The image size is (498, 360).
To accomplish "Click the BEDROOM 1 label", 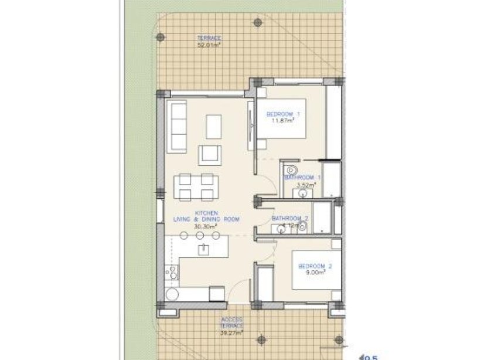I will pyautogui.click(x=283, y=114).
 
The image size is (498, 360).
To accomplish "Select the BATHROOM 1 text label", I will pyautogui.click(x=302, y=177).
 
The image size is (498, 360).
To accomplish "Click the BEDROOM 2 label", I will pyautogui.click(x=315, y=266).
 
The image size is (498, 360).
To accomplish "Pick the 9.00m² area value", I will pyautogui.click(x=315, y=273).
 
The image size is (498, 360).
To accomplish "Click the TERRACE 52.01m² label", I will pyautogui.click(x=209, y=40).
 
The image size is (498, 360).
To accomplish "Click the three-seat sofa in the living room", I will pyautogui.click(x=177, y=125).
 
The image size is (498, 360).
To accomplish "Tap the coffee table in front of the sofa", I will pyautogui.click(x=214, y=125).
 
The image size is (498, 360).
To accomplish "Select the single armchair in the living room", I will pyautogui.click(x=210, y=155).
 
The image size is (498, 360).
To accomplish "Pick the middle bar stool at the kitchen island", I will pyautogui.click(x=200, y=235).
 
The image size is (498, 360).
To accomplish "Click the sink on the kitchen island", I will pyautogui.click(x=204, y=249).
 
